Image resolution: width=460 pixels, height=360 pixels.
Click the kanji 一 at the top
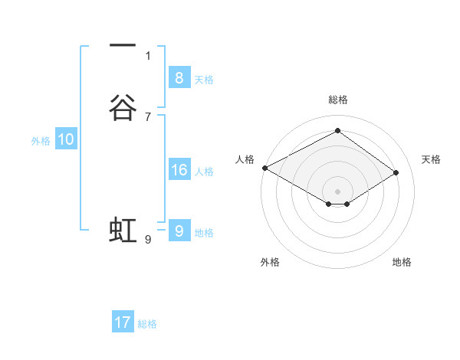(x=123, y=46)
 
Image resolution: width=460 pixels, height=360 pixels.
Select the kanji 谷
(x=123, y=108)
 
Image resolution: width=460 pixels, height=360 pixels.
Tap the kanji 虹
(x=123, y=230)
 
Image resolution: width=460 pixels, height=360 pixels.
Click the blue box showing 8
(x=179, y=77)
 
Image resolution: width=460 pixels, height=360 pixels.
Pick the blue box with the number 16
(x=179, y=170)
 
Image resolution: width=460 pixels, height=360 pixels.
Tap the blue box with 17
(x=123, y=322)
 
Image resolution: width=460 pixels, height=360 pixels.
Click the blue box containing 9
(x=179, y=231)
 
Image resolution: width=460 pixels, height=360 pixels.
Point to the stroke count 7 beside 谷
(x=148, y=116)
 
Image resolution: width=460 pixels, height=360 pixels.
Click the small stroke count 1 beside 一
(x=148, y=55)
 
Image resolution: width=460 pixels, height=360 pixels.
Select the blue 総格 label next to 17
(x=147, y=324)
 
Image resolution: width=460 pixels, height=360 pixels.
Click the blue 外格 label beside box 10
(x=41, y=141)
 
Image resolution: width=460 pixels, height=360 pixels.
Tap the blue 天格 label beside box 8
(x=204, y=79)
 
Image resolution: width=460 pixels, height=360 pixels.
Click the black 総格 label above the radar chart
(x=338, y=100)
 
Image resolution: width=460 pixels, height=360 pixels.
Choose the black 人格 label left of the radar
(x=245, y=159)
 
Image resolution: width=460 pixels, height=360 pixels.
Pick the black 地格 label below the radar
(x=402, y=262)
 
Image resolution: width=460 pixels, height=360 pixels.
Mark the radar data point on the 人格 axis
(x=264, y=168)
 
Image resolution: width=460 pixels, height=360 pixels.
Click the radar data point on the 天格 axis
(x=396, y=172)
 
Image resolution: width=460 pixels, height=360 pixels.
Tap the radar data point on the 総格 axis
(x=337, y=131)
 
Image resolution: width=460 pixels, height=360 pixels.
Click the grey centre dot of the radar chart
(x=337, y=191)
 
